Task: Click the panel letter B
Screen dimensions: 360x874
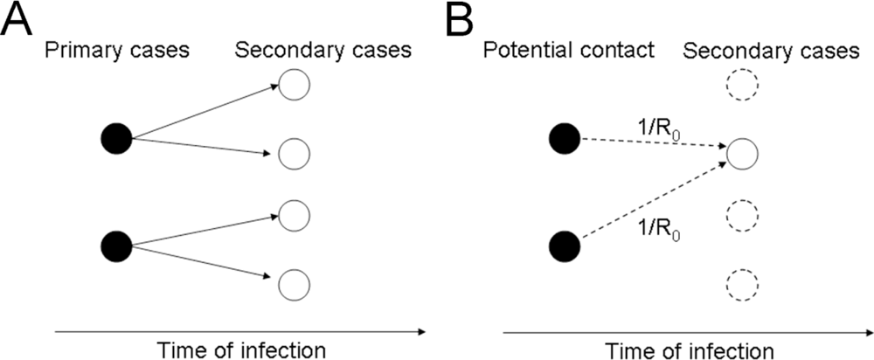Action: tap(468, 19)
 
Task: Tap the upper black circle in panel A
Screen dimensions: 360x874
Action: tap(116, 138)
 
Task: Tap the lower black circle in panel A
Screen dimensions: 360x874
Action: tap(116, 246)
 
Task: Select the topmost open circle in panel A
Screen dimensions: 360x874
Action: tap(294, 85)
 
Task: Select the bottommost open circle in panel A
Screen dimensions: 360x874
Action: tap(294, 282)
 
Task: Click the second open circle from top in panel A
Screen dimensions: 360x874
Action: tap(294, 155)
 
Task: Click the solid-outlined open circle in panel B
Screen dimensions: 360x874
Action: tap(742, 154)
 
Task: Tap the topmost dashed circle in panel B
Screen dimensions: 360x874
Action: tap(742, 86)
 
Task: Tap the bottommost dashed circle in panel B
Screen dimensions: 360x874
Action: tap(742, 282)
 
